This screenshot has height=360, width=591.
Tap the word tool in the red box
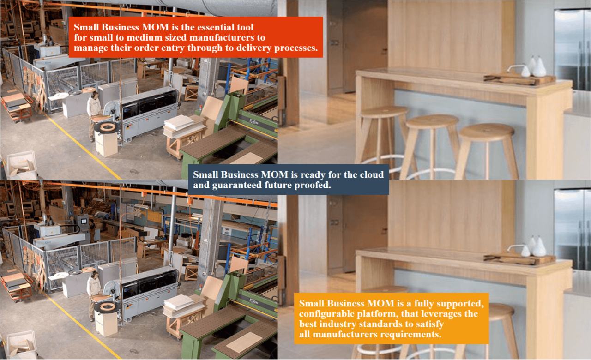click(245, 27)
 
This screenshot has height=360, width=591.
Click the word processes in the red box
click(296, 48)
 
